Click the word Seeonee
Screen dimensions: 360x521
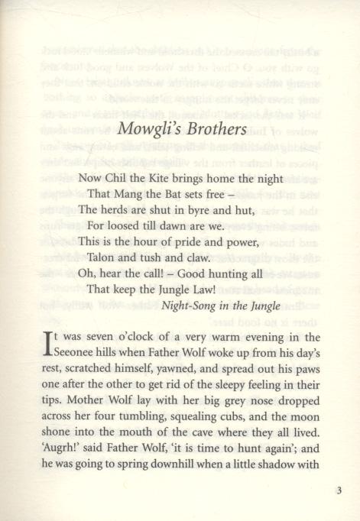tap(83, 355)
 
